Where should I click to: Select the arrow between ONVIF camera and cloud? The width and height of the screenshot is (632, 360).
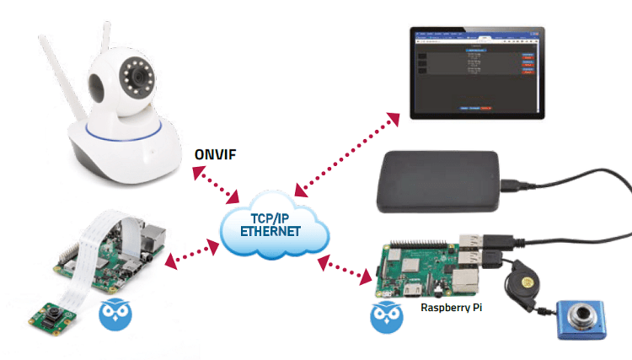click(217, 185)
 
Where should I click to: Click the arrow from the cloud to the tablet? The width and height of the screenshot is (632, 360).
click(346, 153)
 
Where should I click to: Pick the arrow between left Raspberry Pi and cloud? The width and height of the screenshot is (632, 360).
click(191, 254)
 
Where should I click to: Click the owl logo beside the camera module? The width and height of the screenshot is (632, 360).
click(115, 314)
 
